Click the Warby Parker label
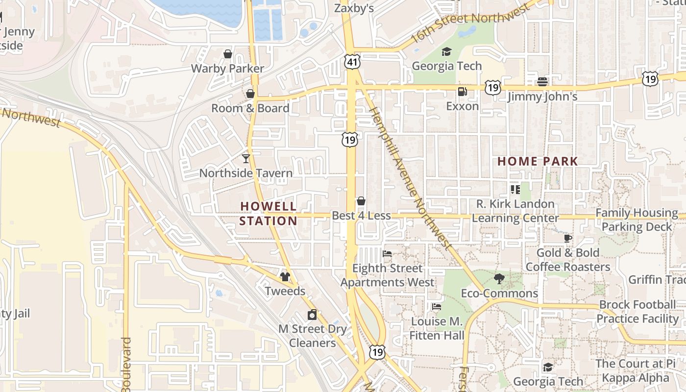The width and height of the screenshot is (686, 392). coord(227,69)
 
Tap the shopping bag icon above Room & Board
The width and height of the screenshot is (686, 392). coord(250,93)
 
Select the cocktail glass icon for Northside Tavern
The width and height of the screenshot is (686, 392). coord(246,158)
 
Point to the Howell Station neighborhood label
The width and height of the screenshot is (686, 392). coord(269,213)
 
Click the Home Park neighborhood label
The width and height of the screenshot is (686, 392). coord(538,161)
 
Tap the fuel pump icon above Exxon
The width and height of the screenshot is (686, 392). coord(462,91)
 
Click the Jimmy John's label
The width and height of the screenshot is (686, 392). coord(542,97)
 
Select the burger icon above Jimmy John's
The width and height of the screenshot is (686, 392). coord(542,81)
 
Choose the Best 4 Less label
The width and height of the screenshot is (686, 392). coord(362,216)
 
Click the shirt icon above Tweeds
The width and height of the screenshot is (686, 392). coord(285,276)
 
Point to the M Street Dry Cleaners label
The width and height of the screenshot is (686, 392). coord(313,336)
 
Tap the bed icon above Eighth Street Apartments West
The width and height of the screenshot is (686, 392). coord(387,254)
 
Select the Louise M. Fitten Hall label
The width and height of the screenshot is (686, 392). coord(437,328)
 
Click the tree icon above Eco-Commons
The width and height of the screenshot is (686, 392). coord(499,279)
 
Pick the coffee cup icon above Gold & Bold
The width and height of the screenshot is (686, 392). coord(568,238)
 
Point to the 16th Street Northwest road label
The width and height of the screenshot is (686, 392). coord(470,22)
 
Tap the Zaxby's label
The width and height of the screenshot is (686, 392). coord(354,8)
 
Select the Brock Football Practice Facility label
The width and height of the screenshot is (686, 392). coord(637,312)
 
